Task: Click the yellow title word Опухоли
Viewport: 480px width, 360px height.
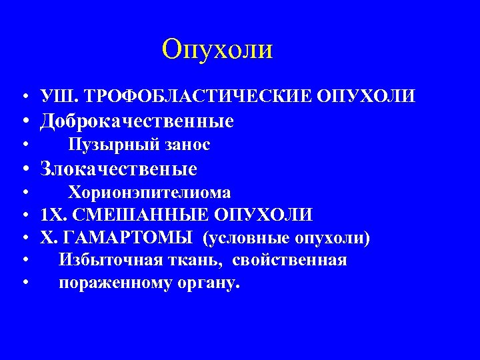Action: [217, 49]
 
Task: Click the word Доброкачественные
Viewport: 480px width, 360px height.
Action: [137, 121]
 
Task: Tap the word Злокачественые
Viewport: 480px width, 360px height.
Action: [119, 169]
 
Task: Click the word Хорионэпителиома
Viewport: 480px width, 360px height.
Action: [150, 193]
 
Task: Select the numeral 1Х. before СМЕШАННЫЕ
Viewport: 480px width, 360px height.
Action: [53, 215]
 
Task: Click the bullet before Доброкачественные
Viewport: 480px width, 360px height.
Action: [24, 122]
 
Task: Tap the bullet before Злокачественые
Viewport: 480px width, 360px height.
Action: [24, 169]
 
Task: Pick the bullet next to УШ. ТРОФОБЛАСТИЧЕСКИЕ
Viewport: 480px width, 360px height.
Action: [24, 97]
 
